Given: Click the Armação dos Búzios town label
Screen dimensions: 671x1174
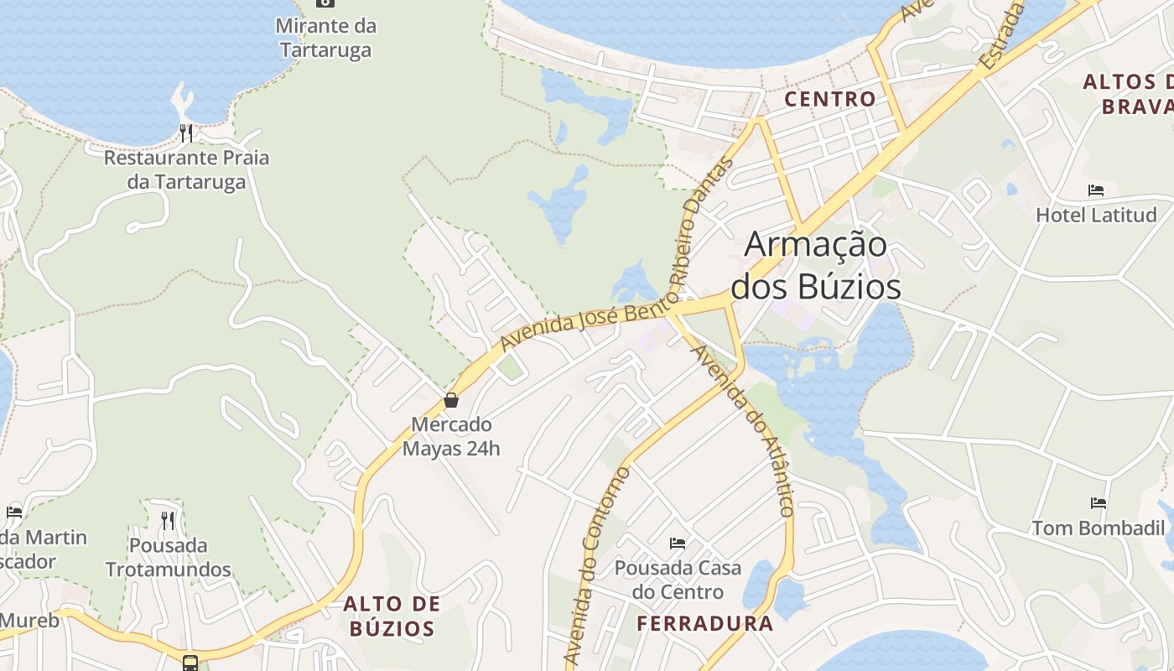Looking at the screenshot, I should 816,265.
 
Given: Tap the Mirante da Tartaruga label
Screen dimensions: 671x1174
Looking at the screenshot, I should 326,38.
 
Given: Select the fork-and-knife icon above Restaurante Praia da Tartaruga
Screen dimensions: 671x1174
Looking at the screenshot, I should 186,133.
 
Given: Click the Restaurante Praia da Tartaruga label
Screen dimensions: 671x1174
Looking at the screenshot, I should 186,169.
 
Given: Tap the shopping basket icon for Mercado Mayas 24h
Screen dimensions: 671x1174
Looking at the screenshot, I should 451,400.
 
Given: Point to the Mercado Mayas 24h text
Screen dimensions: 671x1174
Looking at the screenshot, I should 451,436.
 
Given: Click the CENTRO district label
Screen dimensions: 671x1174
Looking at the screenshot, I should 829,99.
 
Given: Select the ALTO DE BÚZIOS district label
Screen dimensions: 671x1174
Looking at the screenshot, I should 392,616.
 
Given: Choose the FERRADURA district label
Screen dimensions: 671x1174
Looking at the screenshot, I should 704,623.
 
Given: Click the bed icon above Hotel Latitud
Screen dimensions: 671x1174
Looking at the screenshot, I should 1096,190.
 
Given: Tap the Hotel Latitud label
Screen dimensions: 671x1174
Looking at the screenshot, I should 1096,215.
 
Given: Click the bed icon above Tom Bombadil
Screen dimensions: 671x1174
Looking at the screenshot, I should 1099,503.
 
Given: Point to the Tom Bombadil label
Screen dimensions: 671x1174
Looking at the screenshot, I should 1099,528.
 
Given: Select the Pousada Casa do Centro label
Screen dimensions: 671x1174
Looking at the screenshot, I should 678,580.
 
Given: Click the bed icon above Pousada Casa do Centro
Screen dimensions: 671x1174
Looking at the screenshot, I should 678,544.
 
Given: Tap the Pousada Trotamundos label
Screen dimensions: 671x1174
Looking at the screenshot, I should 168,557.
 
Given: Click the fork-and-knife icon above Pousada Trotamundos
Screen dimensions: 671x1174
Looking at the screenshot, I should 168,520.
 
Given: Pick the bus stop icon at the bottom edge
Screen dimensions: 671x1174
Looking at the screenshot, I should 190,663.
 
